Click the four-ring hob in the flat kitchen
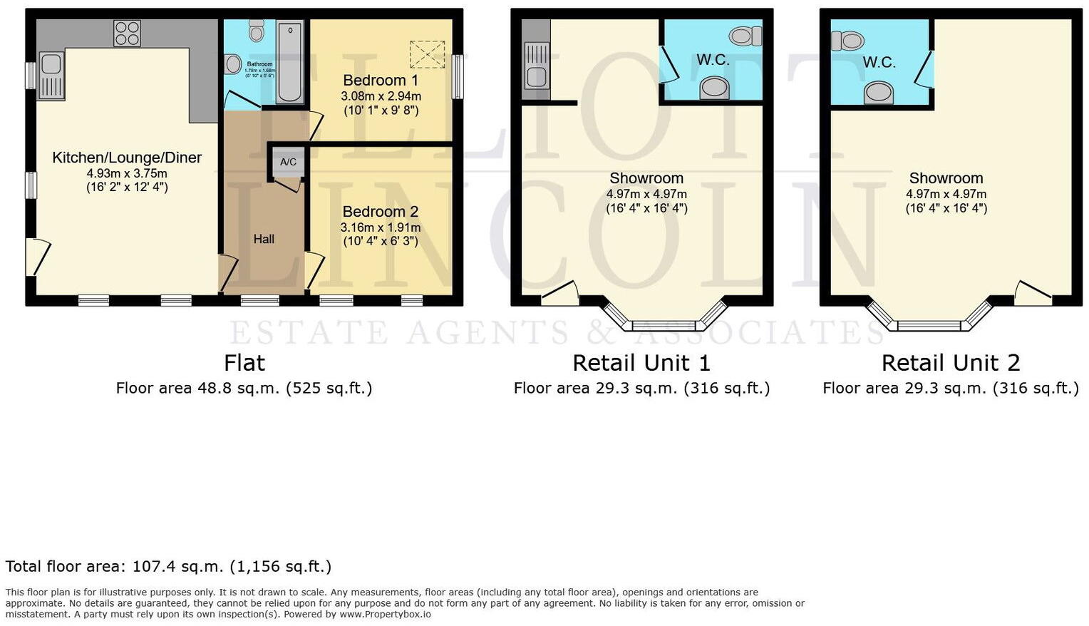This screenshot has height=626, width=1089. click(127, 33)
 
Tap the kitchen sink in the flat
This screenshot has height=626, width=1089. click(51, 75)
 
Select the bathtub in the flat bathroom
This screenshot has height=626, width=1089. click(289, 63)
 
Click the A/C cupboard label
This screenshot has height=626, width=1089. click(288, 162)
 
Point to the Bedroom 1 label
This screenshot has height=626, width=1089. click(381, 80)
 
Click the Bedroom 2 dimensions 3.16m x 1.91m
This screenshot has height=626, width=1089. click(381, 227)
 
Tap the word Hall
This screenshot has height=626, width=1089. click(264, 239)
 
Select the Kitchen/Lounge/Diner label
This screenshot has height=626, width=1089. click(127, 158)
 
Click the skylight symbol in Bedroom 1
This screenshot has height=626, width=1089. click(427, 55)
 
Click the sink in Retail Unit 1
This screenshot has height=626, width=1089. click(536, 71)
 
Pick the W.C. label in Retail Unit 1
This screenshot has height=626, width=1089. click(713, 60)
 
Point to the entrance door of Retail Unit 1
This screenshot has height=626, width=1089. click(560, 294)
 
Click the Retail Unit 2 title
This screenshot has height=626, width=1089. click(950, 363)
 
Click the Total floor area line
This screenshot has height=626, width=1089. click(168, 567)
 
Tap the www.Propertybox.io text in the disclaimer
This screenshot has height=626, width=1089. click(385, 614)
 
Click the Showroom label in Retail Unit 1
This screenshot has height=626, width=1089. click(646, 178)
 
